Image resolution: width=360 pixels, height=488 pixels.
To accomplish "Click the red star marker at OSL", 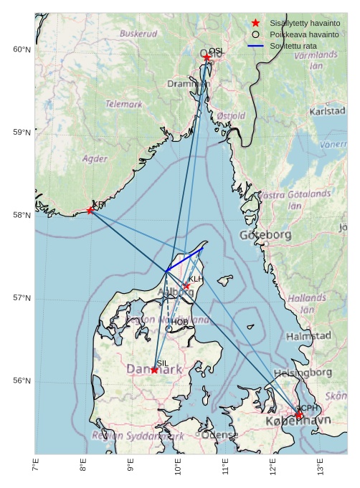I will coord(207,57).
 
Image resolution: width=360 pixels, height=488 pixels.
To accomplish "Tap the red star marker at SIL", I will coord(154,370).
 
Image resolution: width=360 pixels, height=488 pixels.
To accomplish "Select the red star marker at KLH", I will coord(186,285).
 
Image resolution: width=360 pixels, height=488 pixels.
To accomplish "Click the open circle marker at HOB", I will coord(169,328).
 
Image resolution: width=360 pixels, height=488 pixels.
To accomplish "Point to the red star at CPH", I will coord(299,415).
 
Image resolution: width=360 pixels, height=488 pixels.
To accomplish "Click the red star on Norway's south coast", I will coord(90,210).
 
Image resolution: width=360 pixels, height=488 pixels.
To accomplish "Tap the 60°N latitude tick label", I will coord(22,49).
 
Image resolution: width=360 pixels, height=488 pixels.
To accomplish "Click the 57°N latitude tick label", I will coord(22,298).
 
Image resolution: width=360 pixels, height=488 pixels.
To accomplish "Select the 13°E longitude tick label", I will coord(320,467).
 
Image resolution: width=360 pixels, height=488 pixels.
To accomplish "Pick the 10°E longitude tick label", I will coord(178,467).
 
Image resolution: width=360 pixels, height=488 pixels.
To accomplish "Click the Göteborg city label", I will coord(267,235).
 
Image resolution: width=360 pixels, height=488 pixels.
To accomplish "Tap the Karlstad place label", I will coord(327,112).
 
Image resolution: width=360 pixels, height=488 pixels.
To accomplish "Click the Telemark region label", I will coord(124,104).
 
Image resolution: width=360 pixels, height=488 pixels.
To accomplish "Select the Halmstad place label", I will coord(308,336).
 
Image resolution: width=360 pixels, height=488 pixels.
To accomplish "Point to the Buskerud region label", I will coord(138,34).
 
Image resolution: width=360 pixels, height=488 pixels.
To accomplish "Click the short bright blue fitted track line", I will coord(184,260).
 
